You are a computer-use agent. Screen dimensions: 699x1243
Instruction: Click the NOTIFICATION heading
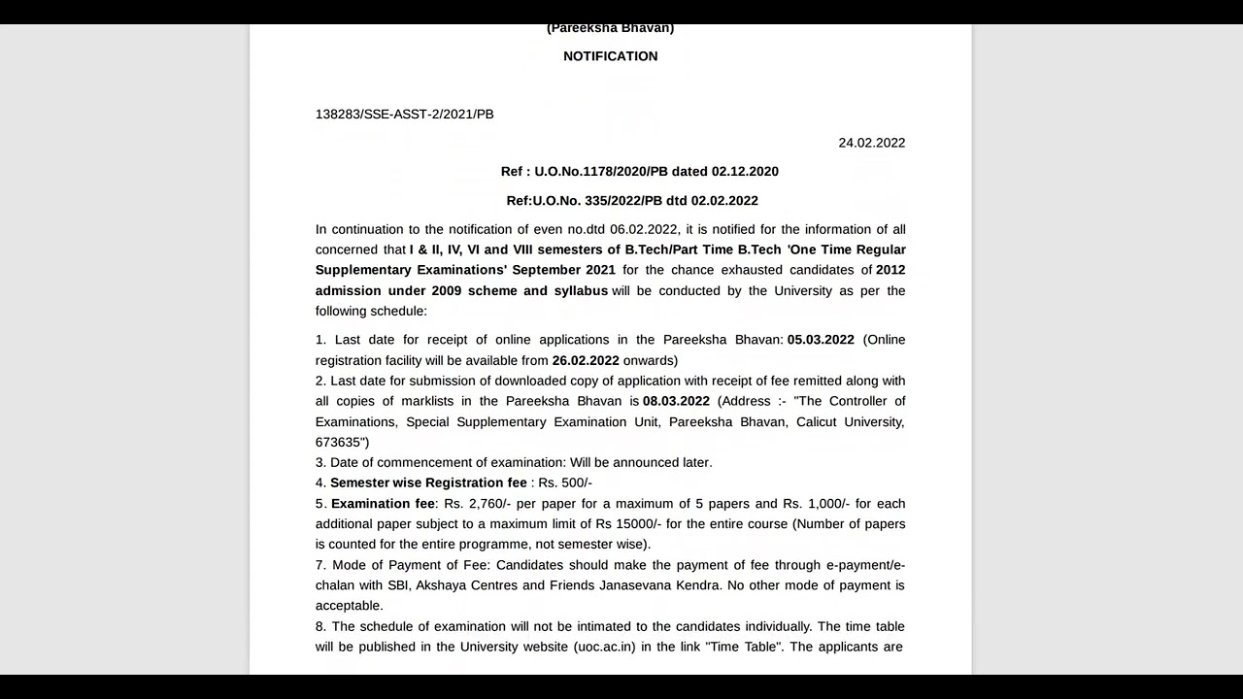[x=610, y=56]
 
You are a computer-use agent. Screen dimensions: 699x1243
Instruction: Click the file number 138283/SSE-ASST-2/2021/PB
[x=404, y=115]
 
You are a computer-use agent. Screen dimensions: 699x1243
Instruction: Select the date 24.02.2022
[x=871, y=143]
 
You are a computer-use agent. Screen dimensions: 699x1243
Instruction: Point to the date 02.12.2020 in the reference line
[x=745, y=172]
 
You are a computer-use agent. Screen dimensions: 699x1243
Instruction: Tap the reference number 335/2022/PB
[x=623, y=201]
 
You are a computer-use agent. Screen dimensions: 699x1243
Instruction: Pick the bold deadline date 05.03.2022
[x=821, y=340]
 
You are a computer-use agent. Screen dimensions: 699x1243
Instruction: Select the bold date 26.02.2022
[x=586, y=360]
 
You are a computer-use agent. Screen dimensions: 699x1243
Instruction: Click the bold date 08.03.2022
[x=676, y=401]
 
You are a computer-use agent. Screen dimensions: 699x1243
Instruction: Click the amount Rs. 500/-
[x=565, y=483]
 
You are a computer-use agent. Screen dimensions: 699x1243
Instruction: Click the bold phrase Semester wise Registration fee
[x=428, y=483]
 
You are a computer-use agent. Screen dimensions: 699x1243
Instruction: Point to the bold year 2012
[x=890, y=270]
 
